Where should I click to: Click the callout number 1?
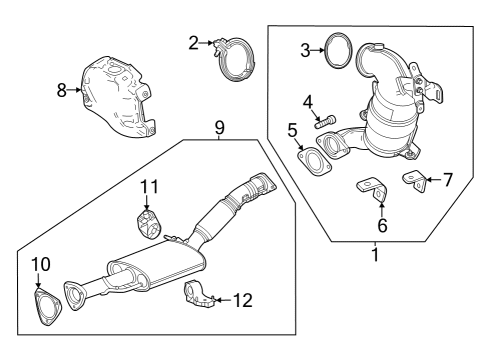coord(375,255)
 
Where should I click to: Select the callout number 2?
coord(194,42)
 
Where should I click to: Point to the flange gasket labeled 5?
coord(313,158)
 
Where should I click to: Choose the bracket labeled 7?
coord(412,180)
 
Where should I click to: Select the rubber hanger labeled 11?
coord(149,222)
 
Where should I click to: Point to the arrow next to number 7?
coord(428,180)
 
